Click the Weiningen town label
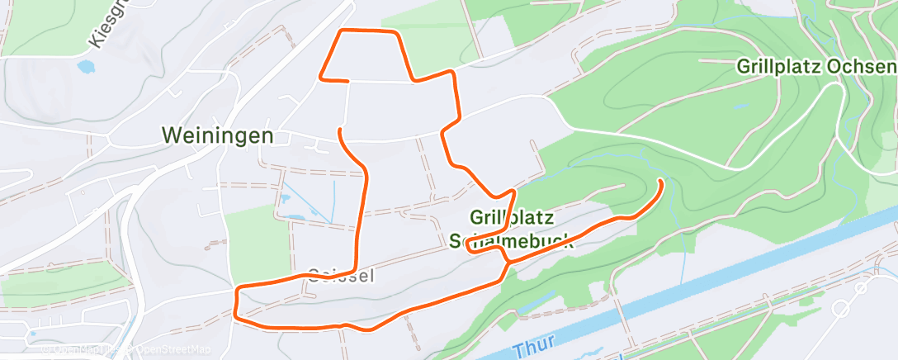[218, 135]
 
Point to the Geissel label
[341, 276]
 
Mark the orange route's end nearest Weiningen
[341, 129]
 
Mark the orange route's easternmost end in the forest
[660, 180]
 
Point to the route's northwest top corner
[343, 31]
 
